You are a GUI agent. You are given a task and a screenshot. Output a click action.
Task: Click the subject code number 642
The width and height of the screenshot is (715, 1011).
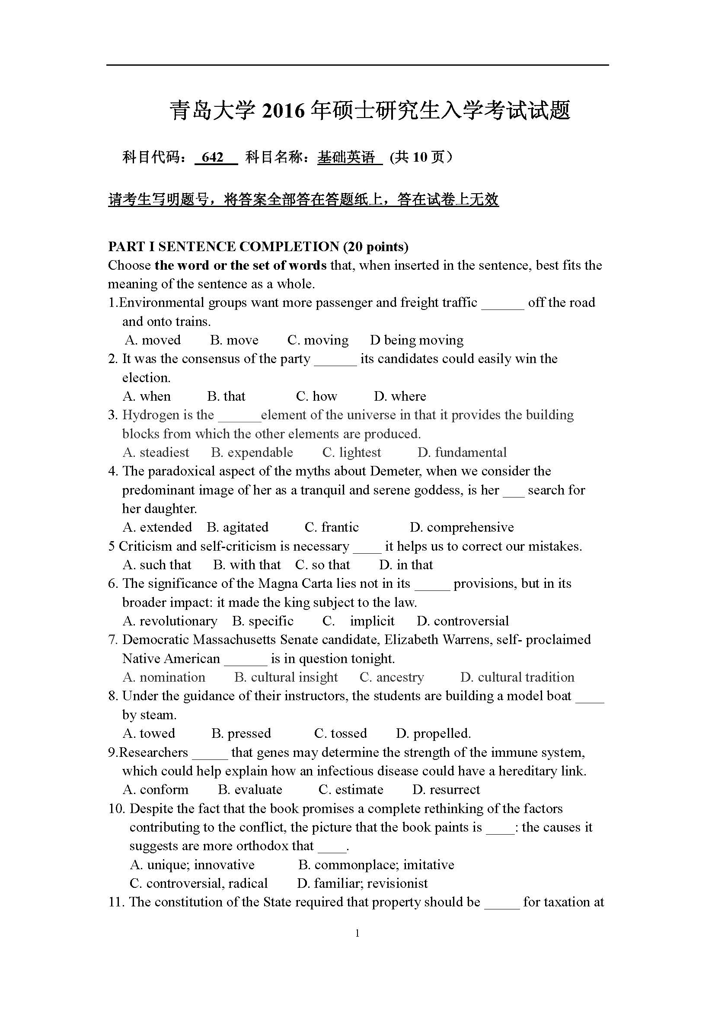click(x=213, y=157)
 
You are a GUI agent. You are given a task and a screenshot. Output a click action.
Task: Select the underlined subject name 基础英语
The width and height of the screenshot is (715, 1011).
click(x=347, y=157)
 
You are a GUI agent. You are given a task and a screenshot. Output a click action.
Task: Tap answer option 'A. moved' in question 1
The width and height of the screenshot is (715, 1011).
click(x=153, y=340)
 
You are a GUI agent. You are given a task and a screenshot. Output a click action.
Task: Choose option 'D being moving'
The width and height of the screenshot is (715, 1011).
click(x=416, y=340)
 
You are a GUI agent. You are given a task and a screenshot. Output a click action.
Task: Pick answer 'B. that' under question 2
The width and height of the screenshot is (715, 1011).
click(x=226, y=396)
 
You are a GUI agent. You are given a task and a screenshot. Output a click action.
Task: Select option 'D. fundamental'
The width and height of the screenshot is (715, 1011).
click(x=462, y=452)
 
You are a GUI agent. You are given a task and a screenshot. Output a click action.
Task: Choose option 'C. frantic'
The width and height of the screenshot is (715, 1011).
click(x=332, y=527)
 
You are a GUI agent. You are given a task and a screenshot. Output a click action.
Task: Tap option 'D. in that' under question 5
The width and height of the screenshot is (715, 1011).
click(x=406, y=565)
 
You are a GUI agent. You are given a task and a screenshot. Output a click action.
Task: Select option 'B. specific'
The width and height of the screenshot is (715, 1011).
click(x=263, y=621)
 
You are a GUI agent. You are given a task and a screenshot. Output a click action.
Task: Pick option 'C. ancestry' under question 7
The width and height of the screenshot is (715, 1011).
click(x=391, y=677)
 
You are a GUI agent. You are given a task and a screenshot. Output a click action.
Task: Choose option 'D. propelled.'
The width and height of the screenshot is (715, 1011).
click(x=433, y=733)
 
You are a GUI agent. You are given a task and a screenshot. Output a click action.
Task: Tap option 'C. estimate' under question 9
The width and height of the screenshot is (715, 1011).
click(x=351, y=790)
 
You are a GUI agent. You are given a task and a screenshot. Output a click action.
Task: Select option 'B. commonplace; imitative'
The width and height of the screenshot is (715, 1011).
click(x=376, y=864)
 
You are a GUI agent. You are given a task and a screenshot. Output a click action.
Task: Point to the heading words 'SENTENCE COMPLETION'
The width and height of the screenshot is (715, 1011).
click(x=249, y=246)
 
